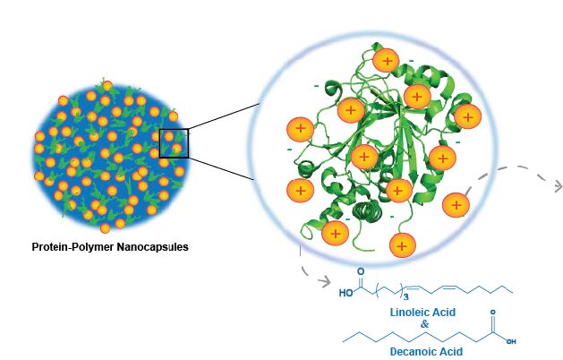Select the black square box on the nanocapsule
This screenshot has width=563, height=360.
coord(174,143)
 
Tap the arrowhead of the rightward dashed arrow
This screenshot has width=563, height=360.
coord(557,186)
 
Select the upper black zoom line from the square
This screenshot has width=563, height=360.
coord(224,116)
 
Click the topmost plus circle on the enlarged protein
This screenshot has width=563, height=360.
coord(386,61)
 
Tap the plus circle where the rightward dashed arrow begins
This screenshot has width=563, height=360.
coord(456,204)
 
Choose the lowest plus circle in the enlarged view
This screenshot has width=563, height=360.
coord(403,243)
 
